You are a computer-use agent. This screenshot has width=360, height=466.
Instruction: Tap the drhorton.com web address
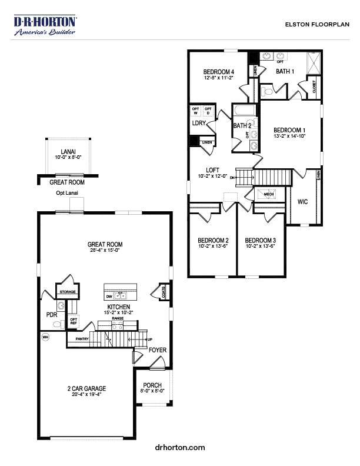(180, 448)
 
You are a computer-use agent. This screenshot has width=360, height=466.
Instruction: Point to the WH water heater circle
(45, 337)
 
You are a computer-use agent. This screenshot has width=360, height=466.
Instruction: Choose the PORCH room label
(152, 385)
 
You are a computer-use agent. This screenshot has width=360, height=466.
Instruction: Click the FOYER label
(157, 350)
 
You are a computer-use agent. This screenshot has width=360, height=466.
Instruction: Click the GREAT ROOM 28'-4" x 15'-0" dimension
(105, 251)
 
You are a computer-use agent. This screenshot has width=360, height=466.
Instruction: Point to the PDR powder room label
(51, 315)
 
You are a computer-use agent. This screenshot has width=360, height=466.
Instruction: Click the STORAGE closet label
(65, 291)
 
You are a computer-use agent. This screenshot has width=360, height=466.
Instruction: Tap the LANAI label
(69, 151)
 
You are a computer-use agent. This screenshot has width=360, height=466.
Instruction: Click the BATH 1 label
(285, 71)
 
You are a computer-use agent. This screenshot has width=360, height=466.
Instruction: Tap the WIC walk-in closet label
(302, 202)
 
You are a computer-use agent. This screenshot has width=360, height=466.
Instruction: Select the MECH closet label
(269, 194)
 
